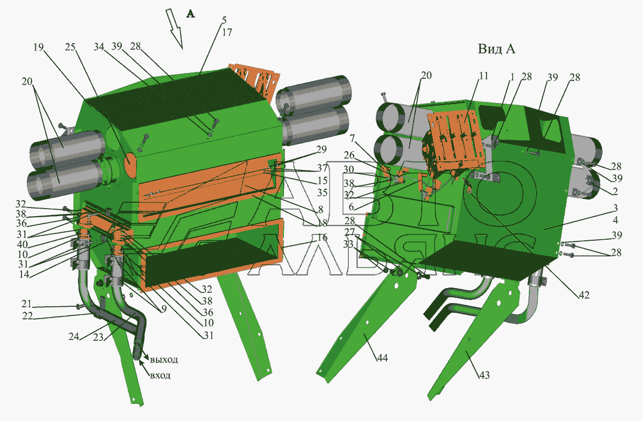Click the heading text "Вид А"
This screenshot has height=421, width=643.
[496, 49]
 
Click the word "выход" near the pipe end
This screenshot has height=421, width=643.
[164, 360]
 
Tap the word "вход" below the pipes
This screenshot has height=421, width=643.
[160, 375]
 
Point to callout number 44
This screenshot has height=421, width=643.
[383, 358]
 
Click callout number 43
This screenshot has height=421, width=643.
[484, 375]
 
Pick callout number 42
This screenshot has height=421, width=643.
[584, 295]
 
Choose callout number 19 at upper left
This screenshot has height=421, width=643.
[39, 47]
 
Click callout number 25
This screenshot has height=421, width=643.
[70, 47]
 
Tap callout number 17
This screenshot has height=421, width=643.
[227, 33]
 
